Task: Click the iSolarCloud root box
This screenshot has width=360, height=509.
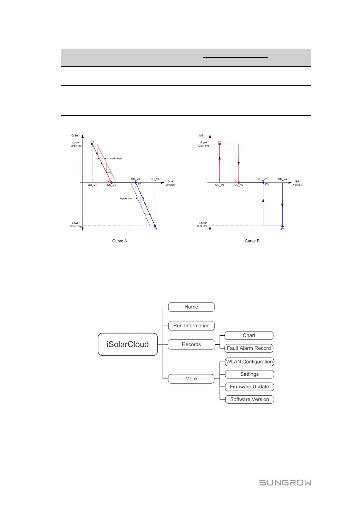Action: (x=128, y=344)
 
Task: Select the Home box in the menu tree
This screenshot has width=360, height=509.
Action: (x=191, y=307)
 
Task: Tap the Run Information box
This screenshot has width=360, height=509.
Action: (x=191, y=326)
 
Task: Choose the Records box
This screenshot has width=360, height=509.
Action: (x=191, y=344)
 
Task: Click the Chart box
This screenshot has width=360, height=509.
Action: (x=249, y=335)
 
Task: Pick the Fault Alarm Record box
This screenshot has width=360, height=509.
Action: (x=249, y=348)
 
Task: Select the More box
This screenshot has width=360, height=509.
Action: (x=191, y=379)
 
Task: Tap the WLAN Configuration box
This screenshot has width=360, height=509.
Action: (x=249, y=362)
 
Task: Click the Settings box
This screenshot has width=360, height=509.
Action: (x=249, y=374)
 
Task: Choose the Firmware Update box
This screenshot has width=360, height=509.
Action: (x=249, y=387)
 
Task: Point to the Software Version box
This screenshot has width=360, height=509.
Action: (x=249, y=399)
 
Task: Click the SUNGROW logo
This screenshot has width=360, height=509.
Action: (x=285, y=483)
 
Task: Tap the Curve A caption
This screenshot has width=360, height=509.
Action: (x=119, y=241)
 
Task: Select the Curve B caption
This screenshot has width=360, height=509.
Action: (x=252, y=241)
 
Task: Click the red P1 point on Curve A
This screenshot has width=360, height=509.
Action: (x=92, y=144)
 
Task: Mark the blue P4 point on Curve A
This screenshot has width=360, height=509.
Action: (x=155, y=226)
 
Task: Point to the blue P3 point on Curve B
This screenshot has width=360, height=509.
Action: (x=263, y=182)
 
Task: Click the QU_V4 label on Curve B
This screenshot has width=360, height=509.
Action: (x=282, y=179)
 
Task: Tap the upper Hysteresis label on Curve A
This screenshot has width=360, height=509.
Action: (x=116, y=159)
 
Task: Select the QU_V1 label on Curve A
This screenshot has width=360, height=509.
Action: (x=92, y=185)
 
